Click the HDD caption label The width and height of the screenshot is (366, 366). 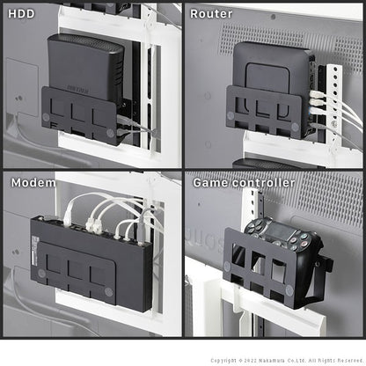point(22,14)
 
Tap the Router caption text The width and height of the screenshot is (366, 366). point(211,14)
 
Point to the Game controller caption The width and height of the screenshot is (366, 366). point(238,182)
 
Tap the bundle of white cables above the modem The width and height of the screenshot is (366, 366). point(110,211)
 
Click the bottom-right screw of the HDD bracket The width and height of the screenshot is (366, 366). point(111,132)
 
